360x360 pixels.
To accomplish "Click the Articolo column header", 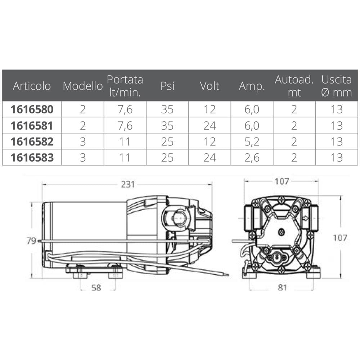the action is coord(32,86).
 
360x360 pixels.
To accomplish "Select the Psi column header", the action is coord(167,86).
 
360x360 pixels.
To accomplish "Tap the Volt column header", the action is coord(210,86).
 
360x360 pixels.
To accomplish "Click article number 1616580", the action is coord(32,109).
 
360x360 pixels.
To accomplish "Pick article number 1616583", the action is coord(32,158).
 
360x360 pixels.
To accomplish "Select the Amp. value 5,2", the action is coord(252,141).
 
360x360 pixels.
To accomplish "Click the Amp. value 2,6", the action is coord(252,158).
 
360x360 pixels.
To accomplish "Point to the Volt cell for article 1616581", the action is coord(210,126).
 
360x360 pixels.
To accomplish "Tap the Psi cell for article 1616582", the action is coord(167,141).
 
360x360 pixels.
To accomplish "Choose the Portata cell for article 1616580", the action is coord(125,109).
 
